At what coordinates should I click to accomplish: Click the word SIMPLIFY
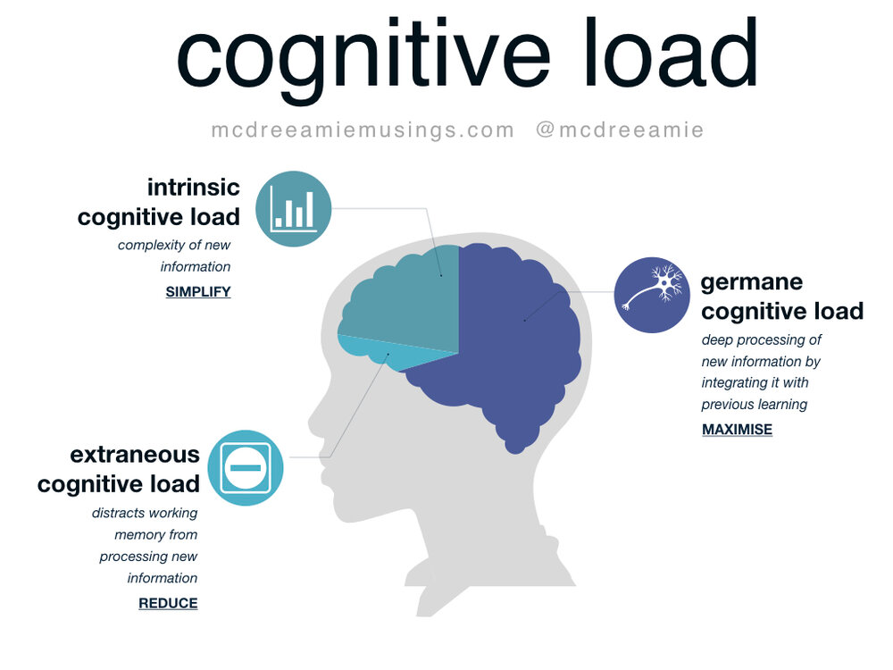click(198, 291)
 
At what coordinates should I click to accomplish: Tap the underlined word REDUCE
click(168, 603)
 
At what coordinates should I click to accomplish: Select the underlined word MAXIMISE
click(737, 429)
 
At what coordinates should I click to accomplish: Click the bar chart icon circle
click(294, 209)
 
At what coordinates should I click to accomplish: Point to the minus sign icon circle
click(246, 467)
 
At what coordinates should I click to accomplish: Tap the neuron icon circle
click(652, 295)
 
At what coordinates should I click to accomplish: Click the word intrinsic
click(194, 187)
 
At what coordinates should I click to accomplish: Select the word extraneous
click(135, 454)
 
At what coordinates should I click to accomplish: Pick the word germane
click(752, 281)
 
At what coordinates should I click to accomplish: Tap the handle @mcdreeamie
click(620, 130)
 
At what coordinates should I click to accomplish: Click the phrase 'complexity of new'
click(174, 245)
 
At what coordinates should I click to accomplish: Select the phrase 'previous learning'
click(755, 404)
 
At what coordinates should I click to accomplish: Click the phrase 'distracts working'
click(145, 513)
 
